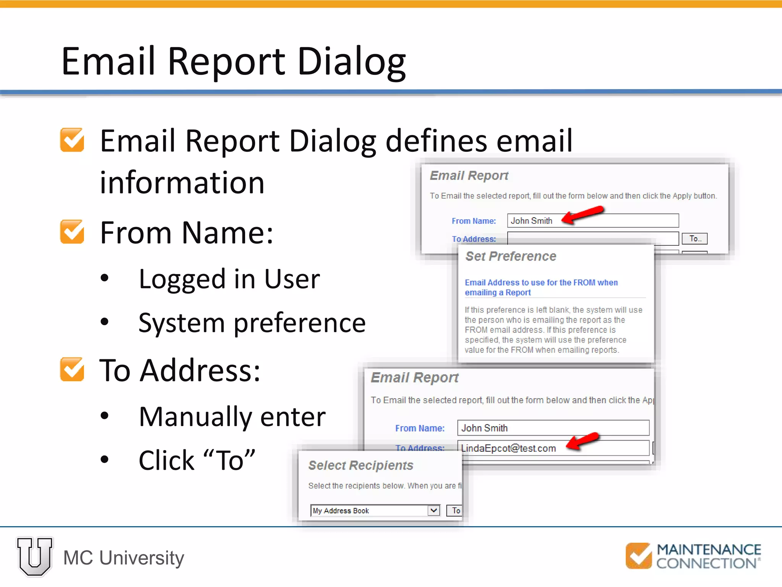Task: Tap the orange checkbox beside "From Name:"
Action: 72,232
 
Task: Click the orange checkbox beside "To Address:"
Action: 72,370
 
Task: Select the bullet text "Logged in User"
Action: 229,279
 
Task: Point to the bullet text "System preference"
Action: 252,323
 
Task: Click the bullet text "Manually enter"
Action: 232,417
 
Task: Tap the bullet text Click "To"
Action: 197,460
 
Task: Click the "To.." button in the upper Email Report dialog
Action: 695,239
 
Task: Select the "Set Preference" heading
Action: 511,256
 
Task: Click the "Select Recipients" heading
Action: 360,465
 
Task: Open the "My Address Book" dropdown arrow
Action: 433,511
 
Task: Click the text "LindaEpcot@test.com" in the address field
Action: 508,448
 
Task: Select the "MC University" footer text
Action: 123,558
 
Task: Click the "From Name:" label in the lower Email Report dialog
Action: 420,428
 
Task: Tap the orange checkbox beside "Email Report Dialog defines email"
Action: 72,140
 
